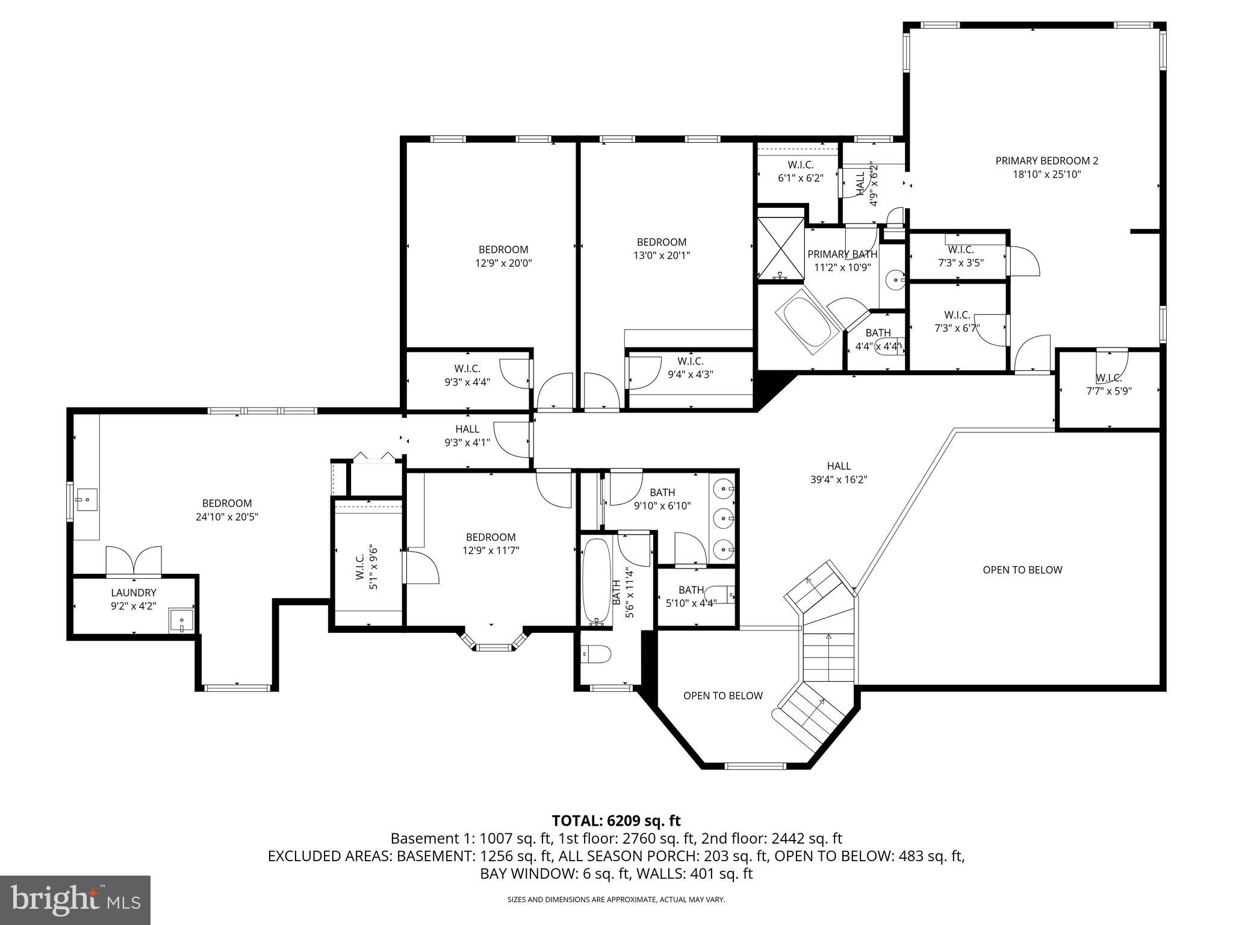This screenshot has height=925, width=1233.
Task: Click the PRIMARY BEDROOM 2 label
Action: coord(1046,161)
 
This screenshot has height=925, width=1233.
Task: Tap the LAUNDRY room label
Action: coord(134,593)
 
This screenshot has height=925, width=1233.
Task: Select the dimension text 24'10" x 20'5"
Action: coord(227,517)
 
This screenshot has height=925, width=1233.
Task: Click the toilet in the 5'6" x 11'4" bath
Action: coord(596,653)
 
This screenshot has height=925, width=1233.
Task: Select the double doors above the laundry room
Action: coord(134,560)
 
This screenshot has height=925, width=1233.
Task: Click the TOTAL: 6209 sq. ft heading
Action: coord(616,820)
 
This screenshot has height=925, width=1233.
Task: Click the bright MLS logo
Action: coord(75,900)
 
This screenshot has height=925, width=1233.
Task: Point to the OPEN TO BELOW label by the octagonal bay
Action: coord(722,696)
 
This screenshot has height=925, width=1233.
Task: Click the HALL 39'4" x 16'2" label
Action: coord(839,473)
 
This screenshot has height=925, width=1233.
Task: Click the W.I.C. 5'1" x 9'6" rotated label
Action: coord(367,562)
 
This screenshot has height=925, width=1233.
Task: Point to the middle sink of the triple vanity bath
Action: coord(722,517)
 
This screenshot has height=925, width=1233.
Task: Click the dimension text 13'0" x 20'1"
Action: coord(662,255)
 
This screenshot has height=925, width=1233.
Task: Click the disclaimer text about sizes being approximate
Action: coord(616,899)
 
